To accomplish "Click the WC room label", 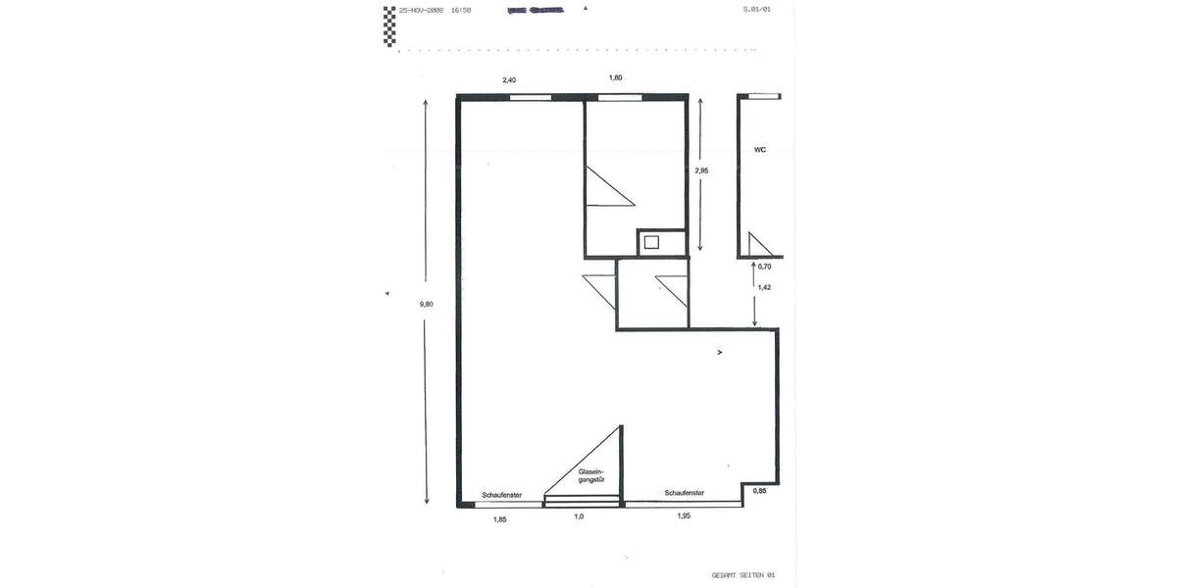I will [759, 150].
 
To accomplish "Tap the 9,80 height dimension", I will [426, 304].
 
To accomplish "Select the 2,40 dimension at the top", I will [509, 79].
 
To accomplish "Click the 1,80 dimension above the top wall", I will [615, 77].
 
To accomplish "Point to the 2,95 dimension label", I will [701, 171].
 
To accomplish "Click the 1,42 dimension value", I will [764, 287].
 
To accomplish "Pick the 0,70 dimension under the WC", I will [765, 266].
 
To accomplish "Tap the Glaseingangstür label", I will [591, 475].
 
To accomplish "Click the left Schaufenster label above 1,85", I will [501, 495].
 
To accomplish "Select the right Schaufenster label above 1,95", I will [684, 493].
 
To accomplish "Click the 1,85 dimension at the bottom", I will [499, 519].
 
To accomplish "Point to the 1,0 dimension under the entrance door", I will [579, 516].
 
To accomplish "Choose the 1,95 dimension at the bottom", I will [684, 515].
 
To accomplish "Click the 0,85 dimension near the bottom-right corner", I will [759, 490].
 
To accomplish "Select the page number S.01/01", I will [756, 10].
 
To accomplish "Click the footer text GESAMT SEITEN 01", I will [742, 575].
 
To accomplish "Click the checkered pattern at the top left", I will [389, 26].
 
